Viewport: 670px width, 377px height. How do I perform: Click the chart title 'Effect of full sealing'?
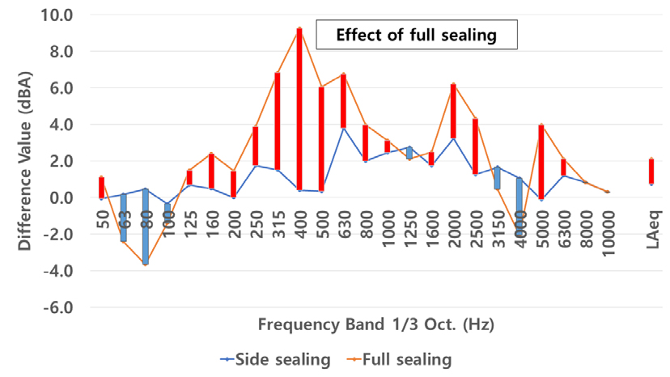(x=415, y=36)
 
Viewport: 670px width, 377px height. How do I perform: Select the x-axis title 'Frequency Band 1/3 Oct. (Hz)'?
(x=376, y=324)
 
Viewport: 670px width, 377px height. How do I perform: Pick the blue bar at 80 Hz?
(x=146, y=227)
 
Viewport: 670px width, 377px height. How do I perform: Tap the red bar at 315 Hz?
(x=278, y=121)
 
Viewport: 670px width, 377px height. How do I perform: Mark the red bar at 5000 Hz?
(x=541, y=162)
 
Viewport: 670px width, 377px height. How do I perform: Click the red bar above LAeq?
(x=651, y=172)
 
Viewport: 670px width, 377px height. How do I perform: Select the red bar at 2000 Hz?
(x=453, y=111)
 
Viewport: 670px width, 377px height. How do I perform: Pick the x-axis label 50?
(x=102, y=218)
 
